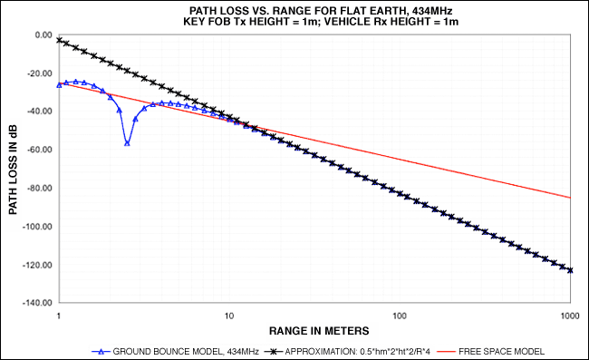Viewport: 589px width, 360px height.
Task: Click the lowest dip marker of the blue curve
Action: pos(127,143)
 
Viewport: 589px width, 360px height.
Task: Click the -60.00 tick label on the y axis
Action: pos(40,150)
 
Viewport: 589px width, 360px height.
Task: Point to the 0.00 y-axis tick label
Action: pos(43,35)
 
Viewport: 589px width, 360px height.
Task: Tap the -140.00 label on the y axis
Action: pos(37,303)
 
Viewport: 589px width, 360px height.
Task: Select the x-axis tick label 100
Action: pos(400,316)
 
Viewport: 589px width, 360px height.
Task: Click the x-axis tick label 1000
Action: pos(570,316)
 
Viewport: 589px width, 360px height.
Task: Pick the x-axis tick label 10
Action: pos(229,316)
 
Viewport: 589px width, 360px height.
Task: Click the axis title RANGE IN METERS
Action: pos(319,331)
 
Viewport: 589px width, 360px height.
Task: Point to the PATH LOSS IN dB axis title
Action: pos(13,169)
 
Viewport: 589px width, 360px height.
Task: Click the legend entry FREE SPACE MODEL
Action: pos(501,352)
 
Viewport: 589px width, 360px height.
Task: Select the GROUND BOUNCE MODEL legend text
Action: pos(186,352)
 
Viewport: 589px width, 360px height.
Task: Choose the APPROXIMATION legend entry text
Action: pos(358,352)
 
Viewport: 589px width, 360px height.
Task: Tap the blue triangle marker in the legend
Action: pos(101,352)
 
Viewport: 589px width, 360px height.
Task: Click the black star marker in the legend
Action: pos(274,352)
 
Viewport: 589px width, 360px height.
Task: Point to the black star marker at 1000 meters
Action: pos(570,270)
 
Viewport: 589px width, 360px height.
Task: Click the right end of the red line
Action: pos(571,198)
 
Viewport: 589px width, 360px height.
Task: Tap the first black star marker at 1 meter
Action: pos(59,40)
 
